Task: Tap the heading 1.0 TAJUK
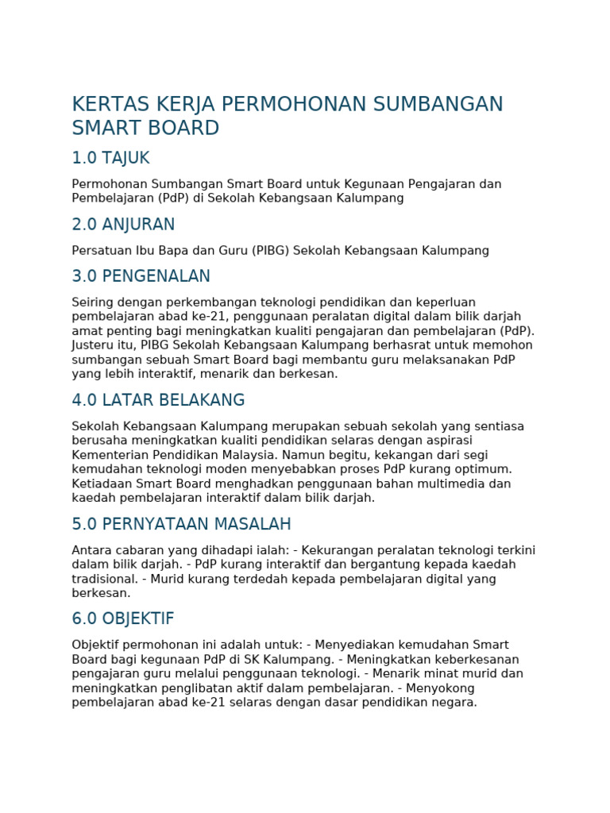click(x=110, y=158)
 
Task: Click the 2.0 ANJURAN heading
click(x=123, y=225)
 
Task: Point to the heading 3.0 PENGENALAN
click(x=141, y=276)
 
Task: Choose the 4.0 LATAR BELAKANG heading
click(x=158, y=400)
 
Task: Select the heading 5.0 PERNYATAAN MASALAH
click(x=181, y=524)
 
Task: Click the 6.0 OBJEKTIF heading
click(x=122, y=618)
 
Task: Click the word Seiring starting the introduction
click(x=93, y=302)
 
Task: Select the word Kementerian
click(x=110, y=455)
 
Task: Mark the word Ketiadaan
click(x=101, y=484)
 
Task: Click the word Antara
click(x=91, y=550)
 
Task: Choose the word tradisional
click(x=102, y=579)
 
